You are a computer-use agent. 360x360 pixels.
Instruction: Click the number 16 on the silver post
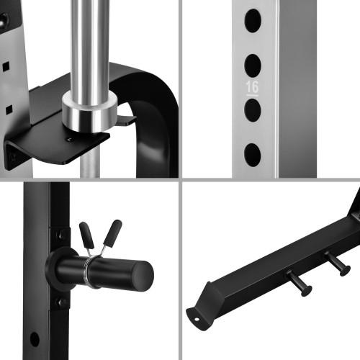[252, 87]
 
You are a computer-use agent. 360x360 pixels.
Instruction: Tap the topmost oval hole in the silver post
[253, 21]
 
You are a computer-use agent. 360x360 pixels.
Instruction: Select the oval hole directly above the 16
[253, 66]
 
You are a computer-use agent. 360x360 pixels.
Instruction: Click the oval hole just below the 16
[253, 110]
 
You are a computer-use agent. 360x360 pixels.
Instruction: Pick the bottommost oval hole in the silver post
[253, 155]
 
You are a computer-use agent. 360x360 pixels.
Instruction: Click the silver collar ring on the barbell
[89, 112]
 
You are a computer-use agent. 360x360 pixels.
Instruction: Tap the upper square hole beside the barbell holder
[6, 66]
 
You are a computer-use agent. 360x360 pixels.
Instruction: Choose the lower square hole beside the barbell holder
[9, 109]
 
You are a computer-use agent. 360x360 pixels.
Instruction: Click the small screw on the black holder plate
[69, 138]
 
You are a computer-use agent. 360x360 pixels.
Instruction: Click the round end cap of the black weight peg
[143, 276]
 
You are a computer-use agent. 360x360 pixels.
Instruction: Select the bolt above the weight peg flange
[62, 235]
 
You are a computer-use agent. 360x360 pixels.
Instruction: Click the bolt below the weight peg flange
[61, 302]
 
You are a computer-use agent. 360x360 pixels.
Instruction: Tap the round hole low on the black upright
[35, 339]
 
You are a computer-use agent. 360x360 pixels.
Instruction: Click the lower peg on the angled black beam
[299, 283]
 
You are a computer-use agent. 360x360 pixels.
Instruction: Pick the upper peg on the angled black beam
[337, 263]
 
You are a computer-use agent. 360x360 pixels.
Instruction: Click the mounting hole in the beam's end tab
[197, 319]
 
